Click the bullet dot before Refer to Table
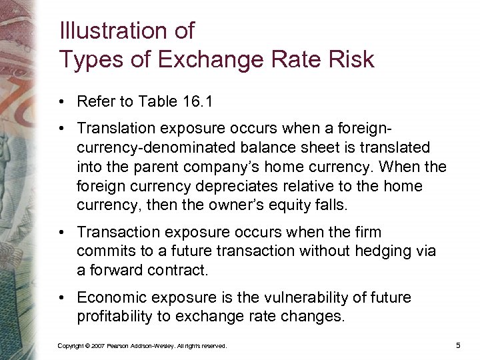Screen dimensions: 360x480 click(61, 103)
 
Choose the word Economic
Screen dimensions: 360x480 click(110, 297)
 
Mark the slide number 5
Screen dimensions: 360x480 click(459, 345)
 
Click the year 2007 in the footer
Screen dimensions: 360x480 click(97, 346)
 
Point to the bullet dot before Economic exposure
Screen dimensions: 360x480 click(61, 298)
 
